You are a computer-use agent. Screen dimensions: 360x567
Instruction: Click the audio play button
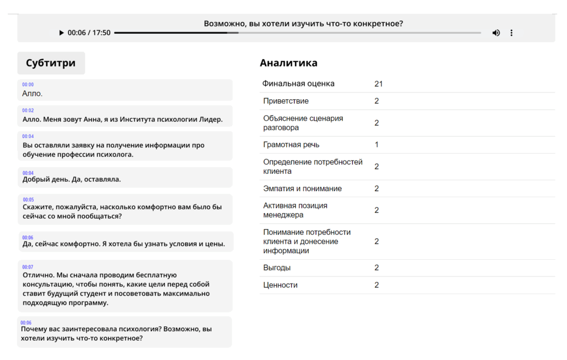point(61,33)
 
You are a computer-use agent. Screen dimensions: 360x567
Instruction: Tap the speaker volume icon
point(496,33)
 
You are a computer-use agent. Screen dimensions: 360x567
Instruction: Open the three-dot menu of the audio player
point(511,33)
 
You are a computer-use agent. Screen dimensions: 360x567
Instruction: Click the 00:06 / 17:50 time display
point(89,33)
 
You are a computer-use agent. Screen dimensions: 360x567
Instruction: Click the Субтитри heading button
point(51,63)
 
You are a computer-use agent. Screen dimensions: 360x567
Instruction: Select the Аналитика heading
point(288,63)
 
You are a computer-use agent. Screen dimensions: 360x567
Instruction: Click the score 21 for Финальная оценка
point(379,84)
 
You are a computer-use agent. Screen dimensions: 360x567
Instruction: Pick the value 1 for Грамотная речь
point(377,145)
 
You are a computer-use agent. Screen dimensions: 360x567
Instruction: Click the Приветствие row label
point(286,101)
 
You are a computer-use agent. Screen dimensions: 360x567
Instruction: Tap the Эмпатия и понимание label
point(302,189)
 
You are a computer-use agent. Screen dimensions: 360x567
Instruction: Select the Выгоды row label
point(277,268)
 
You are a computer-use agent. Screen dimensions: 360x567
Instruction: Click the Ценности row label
point(280,285)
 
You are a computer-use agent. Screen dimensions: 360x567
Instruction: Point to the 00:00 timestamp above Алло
point(28,85)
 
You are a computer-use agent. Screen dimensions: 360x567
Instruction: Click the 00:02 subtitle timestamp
point(28,111)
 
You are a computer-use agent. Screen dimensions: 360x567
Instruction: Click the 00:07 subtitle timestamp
point(28,267)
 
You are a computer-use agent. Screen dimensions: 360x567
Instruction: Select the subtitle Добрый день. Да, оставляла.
point(71,179)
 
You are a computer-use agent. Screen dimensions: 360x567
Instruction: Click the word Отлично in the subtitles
point(38,275)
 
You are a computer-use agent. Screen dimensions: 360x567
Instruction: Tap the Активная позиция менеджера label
point(295,210)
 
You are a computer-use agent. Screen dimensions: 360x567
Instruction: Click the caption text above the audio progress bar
point(303,24)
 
